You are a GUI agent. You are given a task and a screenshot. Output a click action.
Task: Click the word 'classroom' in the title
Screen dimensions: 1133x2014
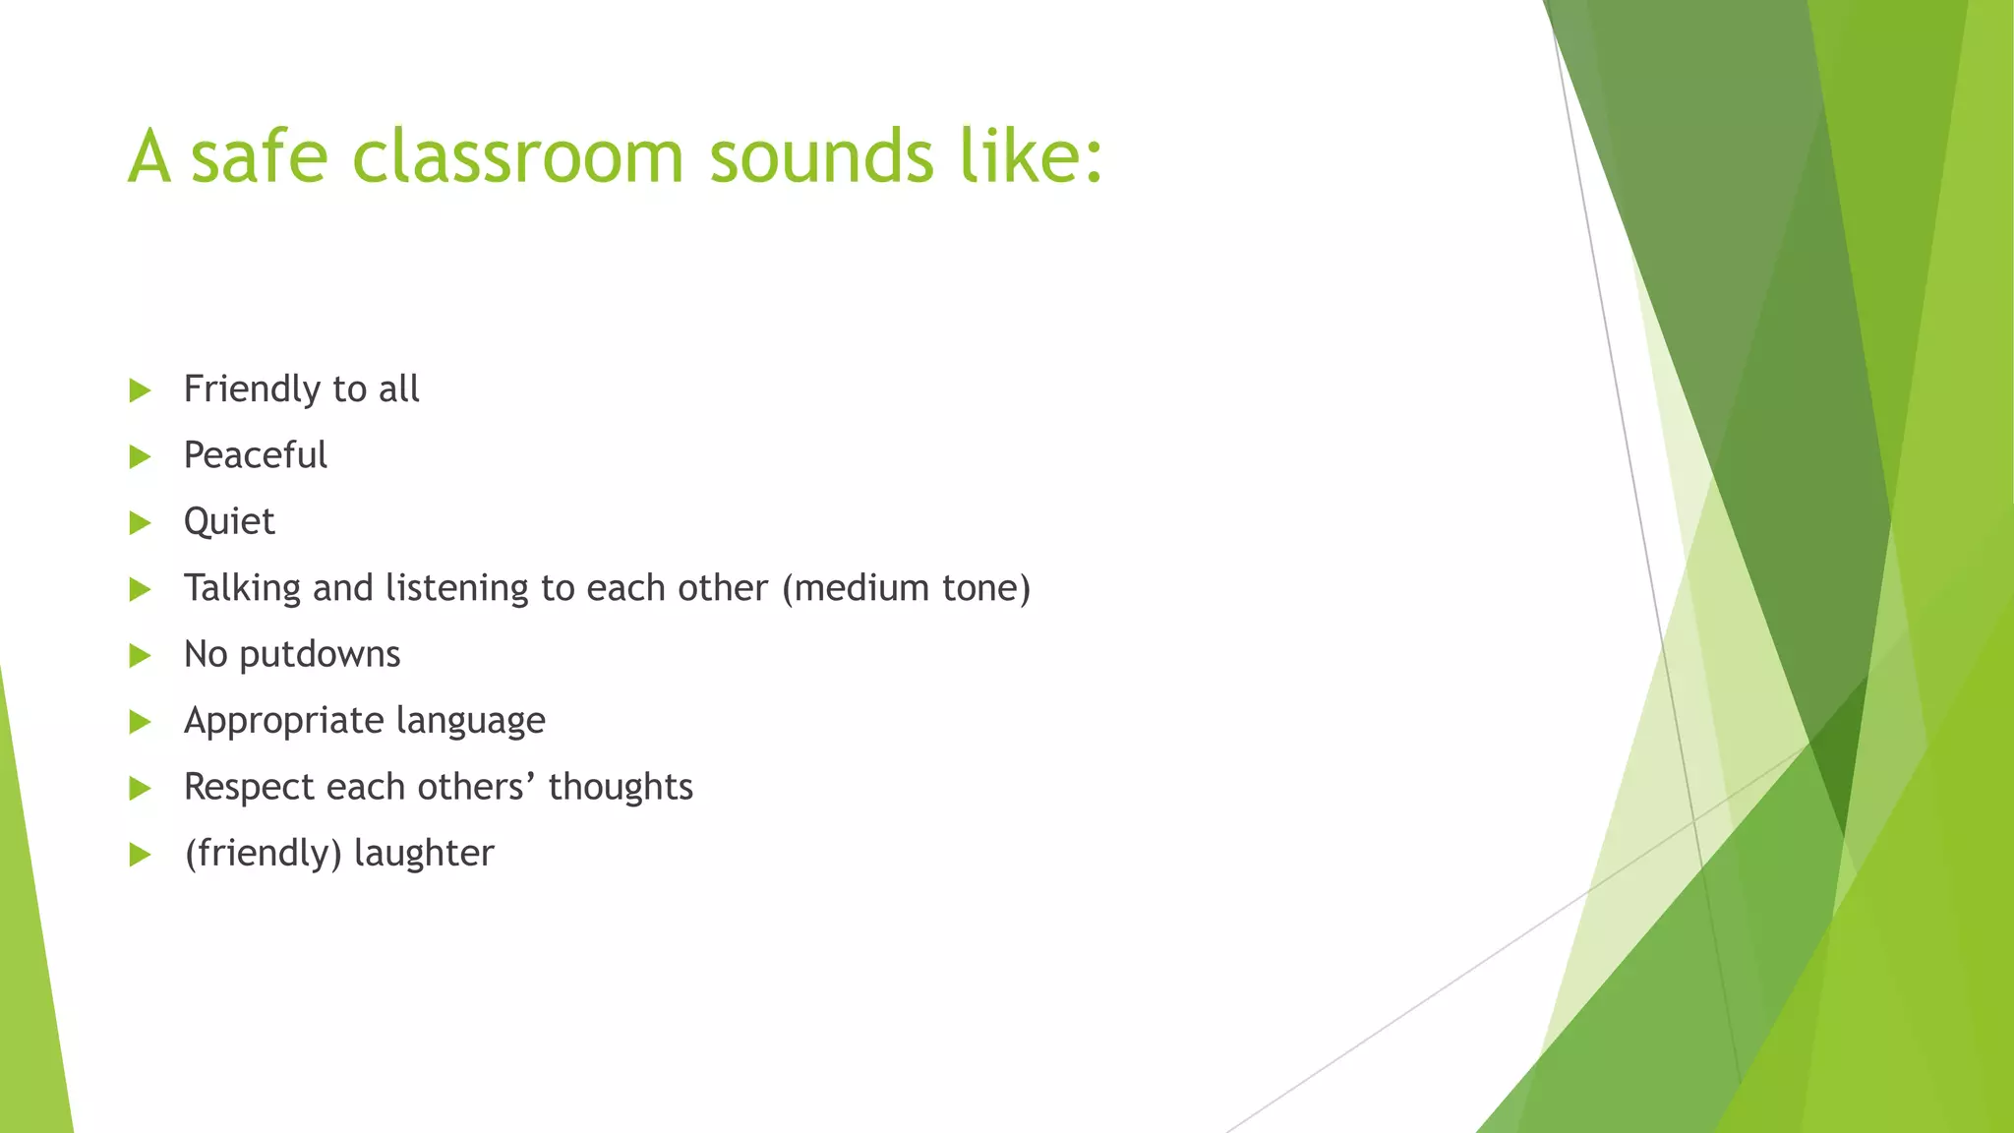point(517,157)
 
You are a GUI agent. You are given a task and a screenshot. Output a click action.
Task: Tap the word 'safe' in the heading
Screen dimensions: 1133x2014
point(259,157)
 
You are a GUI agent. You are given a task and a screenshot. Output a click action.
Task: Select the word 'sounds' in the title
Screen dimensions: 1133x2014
point(821,157)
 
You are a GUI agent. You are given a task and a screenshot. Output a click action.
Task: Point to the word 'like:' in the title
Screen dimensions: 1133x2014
point(1032,157)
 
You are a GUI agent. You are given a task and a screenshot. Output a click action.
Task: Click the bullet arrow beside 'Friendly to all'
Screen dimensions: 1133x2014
point(141,390)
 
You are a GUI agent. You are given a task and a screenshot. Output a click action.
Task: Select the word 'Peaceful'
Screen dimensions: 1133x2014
point(256,455)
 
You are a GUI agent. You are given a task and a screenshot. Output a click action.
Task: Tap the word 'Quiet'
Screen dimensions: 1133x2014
point(229,522)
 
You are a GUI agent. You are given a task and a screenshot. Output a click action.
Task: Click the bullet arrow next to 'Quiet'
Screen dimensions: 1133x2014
point(141,523)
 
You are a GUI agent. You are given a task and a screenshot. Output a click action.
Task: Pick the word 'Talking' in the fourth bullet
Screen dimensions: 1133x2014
point(242,588)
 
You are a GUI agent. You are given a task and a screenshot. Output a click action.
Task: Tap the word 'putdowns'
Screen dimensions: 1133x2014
point(320,655)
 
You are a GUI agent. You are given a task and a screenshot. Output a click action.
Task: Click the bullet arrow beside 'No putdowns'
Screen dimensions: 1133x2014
point(141,656)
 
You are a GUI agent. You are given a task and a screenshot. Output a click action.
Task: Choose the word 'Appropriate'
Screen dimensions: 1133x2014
point(283,721)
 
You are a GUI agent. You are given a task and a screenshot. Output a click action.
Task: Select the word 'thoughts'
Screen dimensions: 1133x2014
point(621,787)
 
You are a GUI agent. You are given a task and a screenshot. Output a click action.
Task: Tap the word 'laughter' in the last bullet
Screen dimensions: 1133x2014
point(424,854)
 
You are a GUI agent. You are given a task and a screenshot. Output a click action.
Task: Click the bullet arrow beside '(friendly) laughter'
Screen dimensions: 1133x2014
point(141,855)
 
